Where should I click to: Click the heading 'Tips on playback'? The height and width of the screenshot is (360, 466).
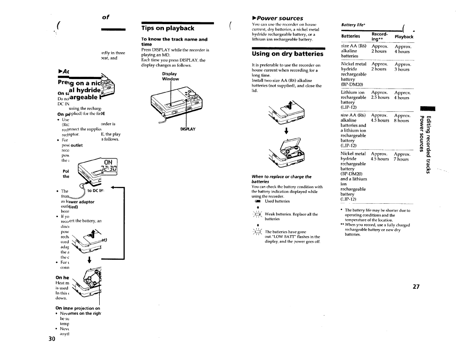168,28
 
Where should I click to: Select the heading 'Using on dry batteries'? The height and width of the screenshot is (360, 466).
287,54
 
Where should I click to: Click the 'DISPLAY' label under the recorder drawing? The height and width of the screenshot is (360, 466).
187,129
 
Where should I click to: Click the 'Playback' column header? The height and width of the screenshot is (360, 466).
404,37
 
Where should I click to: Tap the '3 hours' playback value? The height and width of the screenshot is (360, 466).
401,69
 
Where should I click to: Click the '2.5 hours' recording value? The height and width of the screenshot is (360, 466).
380,98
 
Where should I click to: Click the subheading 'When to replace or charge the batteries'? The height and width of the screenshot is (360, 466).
281,179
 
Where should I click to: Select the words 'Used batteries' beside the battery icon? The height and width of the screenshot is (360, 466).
277,201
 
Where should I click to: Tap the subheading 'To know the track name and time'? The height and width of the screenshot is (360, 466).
174,41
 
